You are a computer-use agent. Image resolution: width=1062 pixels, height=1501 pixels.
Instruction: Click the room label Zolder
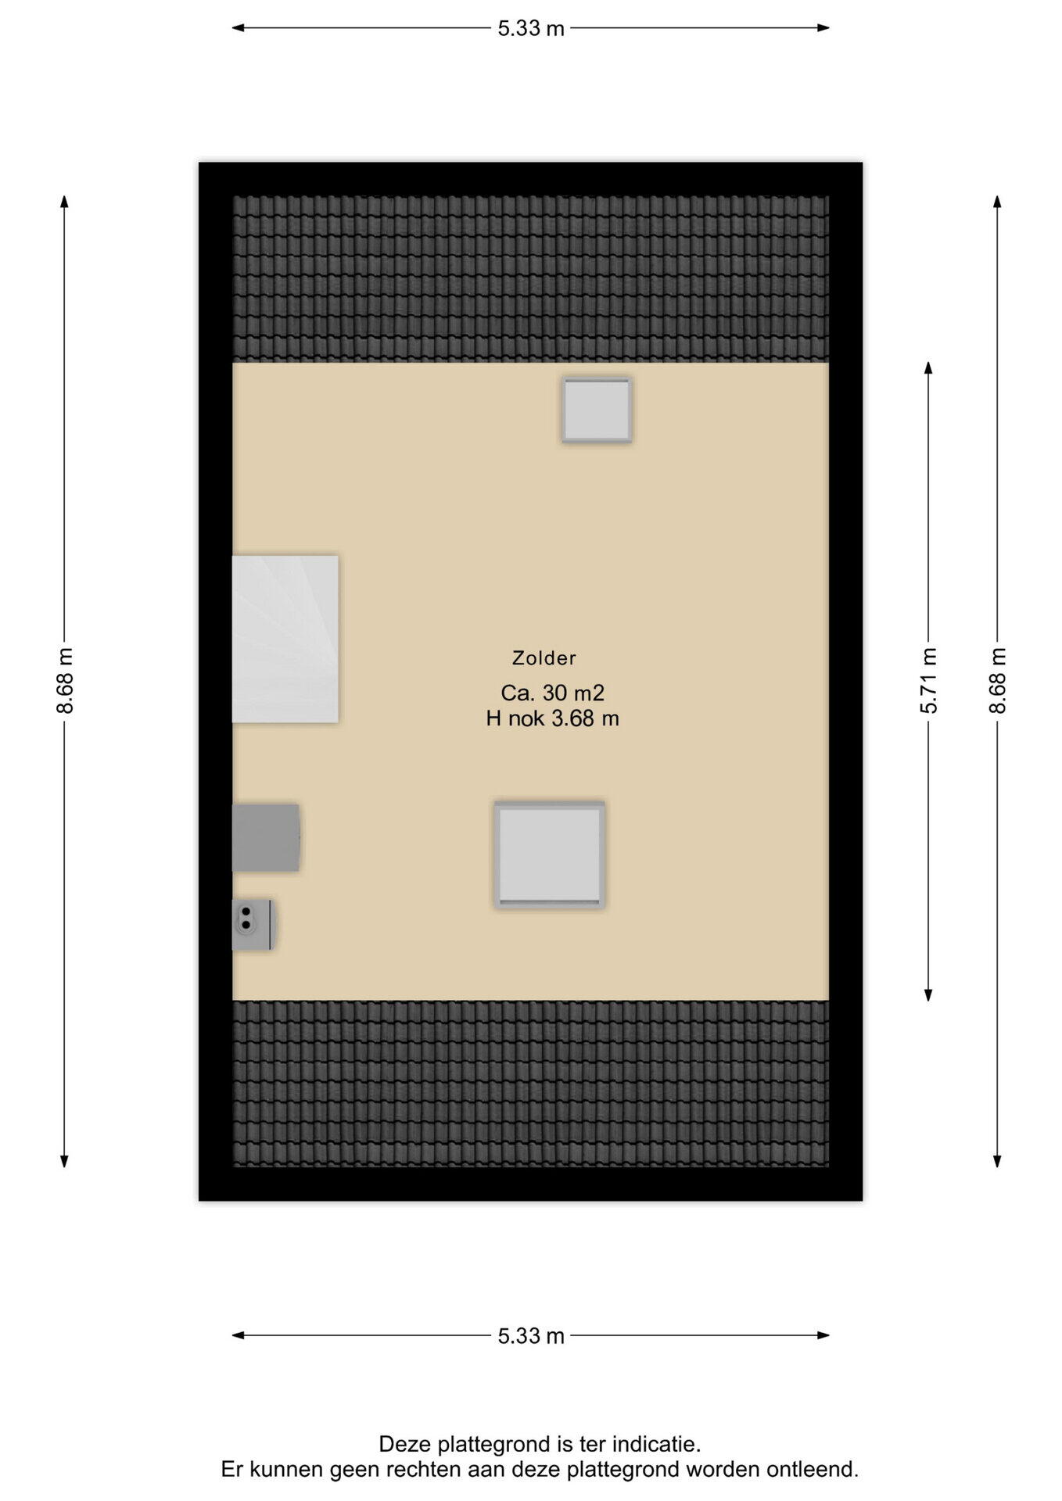544,658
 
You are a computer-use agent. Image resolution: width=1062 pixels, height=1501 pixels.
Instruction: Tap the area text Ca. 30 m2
552,693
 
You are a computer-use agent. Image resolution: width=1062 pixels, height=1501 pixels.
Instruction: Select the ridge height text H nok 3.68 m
552,718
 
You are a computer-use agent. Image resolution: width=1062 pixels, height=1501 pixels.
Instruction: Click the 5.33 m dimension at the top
531,28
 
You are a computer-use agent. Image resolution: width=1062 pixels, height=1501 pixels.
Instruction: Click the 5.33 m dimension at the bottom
531,1336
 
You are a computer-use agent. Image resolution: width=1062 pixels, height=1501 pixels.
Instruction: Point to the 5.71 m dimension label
928,681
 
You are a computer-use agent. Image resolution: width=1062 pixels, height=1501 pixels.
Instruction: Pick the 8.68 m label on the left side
65,681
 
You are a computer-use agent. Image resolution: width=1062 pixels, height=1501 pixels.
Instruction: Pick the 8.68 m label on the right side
997,681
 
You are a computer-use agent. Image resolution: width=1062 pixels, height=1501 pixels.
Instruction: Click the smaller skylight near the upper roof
597,410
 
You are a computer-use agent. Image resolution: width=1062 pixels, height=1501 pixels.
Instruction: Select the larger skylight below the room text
550,854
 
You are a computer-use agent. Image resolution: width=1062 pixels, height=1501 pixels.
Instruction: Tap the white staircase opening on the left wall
285,639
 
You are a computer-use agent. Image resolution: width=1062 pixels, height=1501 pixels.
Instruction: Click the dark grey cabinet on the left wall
266,837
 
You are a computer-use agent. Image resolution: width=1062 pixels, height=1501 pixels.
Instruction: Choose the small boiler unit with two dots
253,925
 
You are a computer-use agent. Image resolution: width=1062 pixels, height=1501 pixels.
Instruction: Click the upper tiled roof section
530,279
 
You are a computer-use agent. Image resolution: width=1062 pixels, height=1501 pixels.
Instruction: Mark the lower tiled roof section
530,1084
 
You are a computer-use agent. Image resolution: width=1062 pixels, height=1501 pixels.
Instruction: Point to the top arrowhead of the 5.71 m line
928,367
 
